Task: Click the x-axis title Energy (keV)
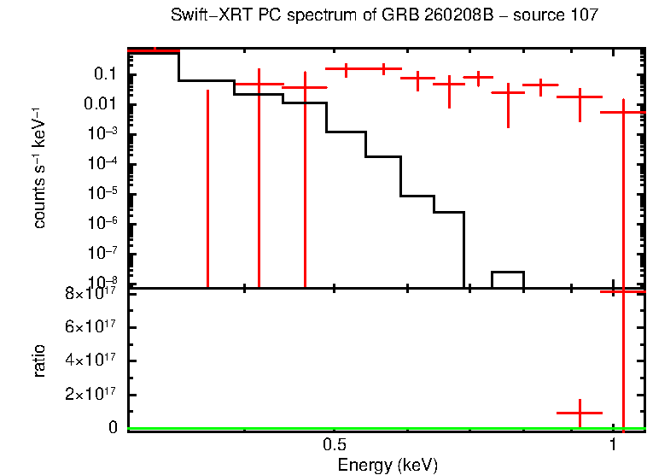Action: pyautogui.click(x=388, y=465)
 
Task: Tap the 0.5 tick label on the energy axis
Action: pyautogui.click(x=334, y=445)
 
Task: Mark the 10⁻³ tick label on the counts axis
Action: pyautogui.click(x=101, y=134)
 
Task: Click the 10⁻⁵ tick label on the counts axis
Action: pyautogui.click(x=101, y=193)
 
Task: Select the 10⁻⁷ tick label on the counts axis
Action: pyautogui.click(x=101, y=253)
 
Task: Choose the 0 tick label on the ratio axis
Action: pyautogui.click(x=113, y=428)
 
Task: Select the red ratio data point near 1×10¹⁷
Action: pyautogui.click(x=580, y=413)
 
